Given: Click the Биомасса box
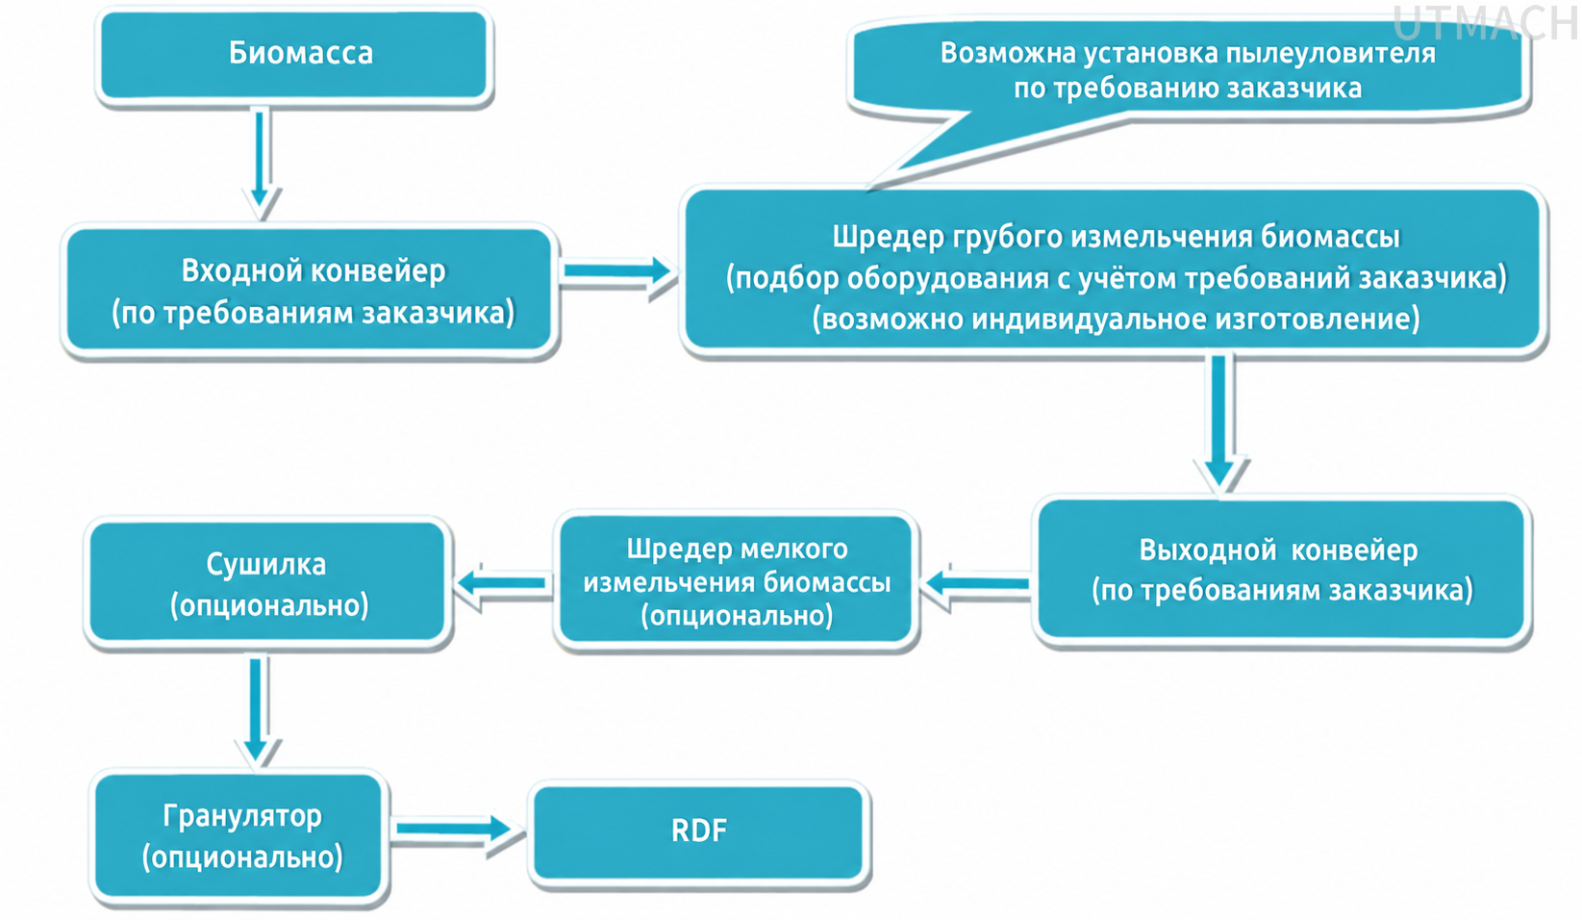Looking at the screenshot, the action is point(294,55).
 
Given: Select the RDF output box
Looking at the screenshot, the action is point(699,833).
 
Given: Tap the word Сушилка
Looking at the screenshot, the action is point(266,564).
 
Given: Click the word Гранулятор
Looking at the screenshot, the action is point(242,816).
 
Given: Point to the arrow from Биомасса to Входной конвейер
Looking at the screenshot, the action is point(261,164).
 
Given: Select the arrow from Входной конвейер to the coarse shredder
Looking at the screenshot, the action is point(617,271).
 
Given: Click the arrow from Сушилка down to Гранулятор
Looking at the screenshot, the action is point(257,709).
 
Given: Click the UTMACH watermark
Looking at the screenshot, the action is point(1485,22).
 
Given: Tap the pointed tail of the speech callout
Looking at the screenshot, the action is point(873,187).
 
